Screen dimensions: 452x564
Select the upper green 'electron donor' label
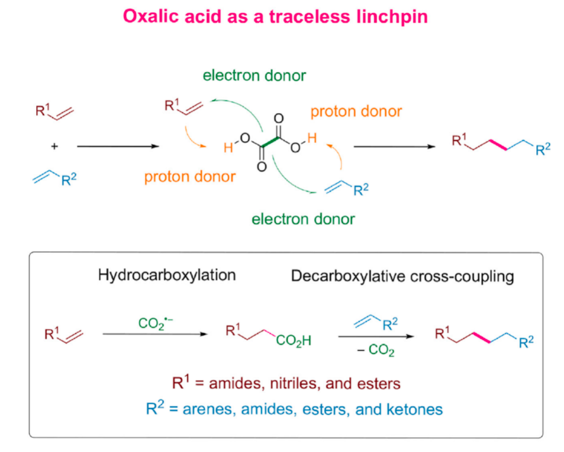point(254,76)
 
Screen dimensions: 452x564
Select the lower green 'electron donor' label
point(303,219)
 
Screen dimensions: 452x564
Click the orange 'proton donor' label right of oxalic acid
point(356,112)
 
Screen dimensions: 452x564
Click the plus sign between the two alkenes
point(54,147)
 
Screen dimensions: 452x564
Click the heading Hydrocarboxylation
point(167,276)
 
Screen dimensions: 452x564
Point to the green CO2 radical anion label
point(154,324)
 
